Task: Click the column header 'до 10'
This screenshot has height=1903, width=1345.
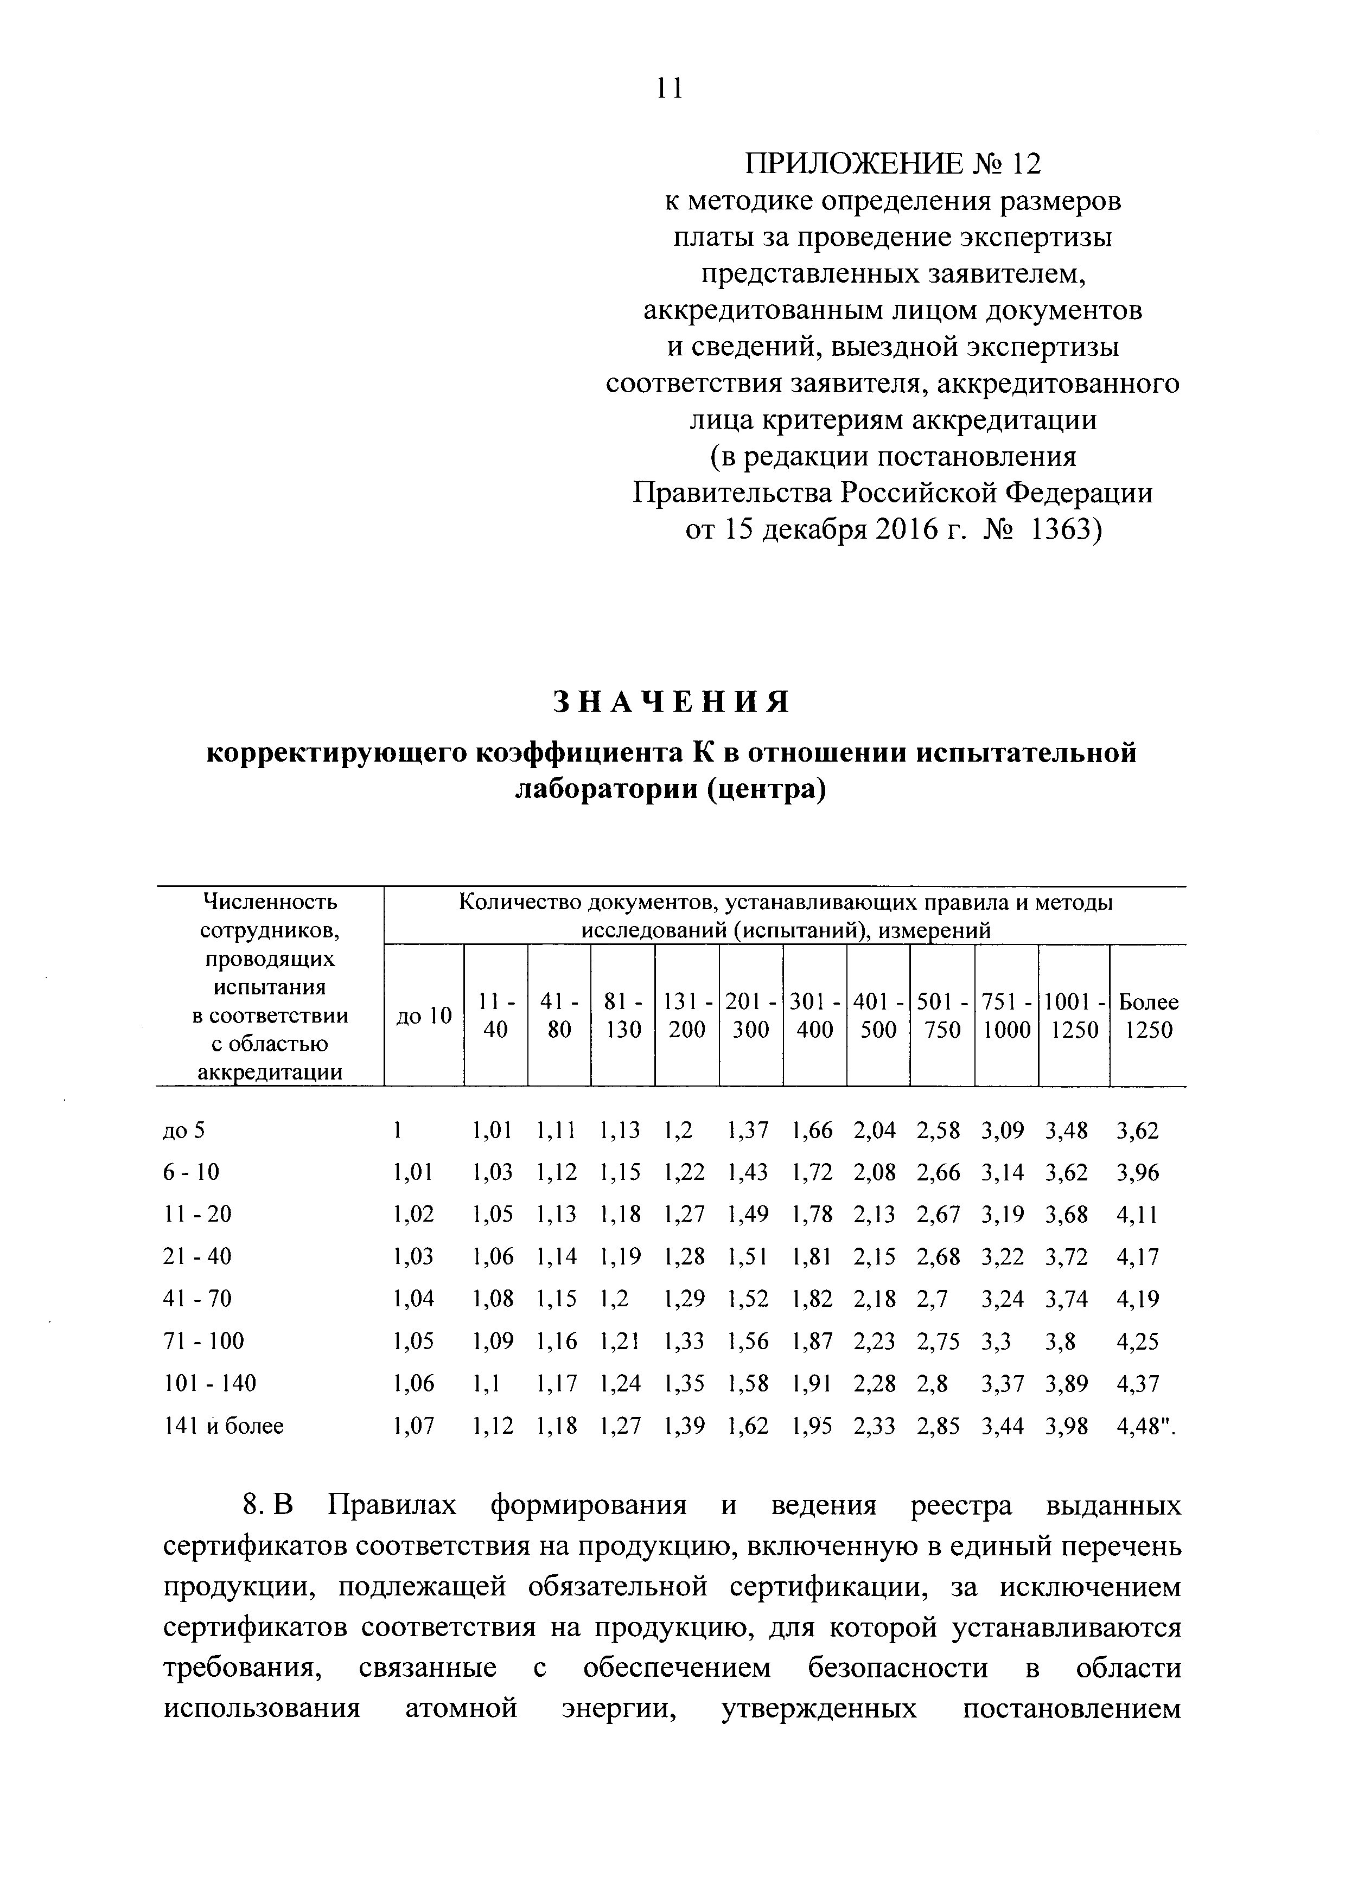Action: tap(424, 1016)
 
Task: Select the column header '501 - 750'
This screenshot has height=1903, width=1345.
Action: tap(942, 1016)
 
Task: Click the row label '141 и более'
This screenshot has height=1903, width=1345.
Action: tap(223, 1426)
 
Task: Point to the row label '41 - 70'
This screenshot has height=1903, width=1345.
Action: tap(197, 1298)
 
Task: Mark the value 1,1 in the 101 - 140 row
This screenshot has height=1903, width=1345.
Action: tap(486, 1383)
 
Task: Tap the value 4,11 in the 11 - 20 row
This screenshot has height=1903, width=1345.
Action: tap(1138, 1214)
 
